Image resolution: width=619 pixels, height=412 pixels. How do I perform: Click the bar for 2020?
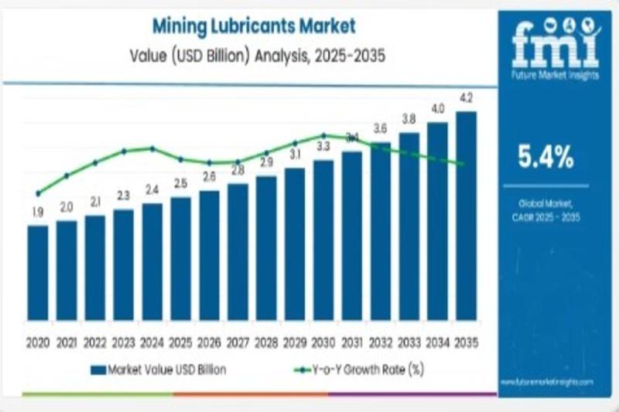37,272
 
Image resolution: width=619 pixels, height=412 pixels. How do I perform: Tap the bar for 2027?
238,251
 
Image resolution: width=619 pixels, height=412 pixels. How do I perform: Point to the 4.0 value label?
438,108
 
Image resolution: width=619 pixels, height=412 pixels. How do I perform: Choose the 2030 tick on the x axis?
323,342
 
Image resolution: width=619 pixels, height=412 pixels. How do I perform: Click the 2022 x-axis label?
94,342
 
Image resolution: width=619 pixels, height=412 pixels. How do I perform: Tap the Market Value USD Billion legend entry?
159,370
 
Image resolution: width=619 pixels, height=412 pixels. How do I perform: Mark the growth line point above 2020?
37,193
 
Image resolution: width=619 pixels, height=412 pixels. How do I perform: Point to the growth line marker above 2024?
152,148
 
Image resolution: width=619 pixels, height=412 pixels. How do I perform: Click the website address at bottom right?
547,382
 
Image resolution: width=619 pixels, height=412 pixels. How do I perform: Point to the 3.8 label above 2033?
409,119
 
